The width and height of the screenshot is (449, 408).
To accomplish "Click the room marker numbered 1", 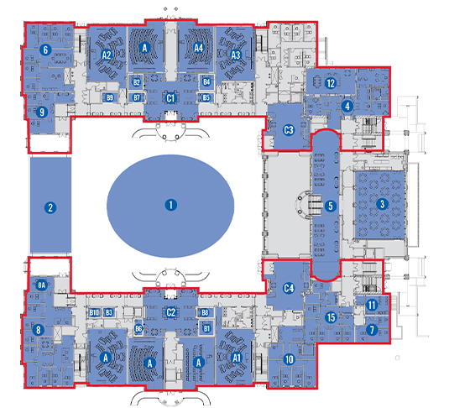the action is pos(171,205).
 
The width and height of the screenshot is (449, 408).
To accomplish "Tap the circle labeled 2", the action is pos(50,207).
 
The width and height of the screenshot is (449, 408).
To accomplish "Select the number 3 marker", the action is pos(383,204).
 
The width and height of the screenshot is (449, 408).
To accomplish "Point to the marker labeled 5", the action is pos(331,206).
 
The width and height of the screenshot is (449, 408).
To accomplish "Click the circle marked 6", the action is pos(46,50).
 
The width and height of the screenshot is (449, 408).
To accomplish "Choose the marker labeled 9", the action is pos(42,112).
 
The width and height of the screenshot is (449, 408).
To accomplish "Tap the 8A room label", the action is pos(42,285).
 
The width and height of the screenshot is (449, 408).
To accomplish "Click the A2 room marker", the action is pos(107,55).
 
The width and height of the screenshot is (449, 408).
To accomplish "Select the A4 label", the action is pos(198,48).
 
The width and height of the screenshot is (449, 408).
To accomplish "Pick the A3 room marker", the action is pos(236,55).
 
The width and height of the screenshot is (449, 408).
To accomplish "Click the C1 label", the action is pos(170,98).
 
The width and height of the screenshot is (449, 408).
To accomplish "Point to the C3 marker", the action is pos(289,130).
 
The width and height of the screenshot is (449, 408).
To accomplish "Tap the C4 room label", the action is pos(289,288).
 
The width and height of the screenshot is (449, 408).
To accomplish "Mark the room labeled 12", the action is pos(331,83).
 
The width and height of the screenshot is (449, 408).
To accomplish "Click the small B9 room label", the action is pos(110,97).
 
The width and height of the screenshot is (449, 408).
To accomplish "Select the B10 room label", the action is pos(94,312).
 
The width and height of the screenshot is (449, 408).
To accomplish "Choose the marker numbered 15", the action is pos(332,317).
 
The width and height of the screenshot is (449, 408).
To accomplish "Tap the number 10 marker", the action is pos(290,359).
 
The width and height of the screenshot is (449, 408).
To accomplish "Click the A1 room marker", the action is pos(236,358).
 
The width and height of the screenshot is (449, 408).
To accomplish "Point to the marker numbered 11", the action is pos(372,305).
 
